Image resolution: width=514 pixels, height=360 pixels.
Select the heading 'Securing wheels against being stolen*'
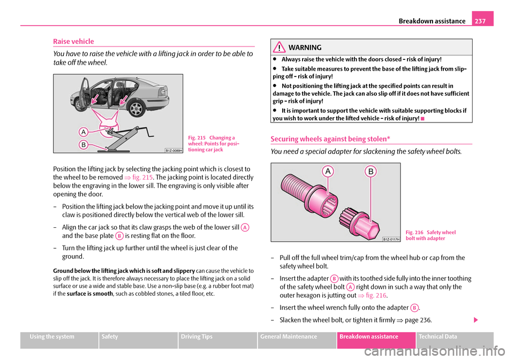tap(330, 139)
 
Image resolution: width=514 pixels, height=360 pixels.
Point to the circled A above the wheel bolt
tap(327, 171)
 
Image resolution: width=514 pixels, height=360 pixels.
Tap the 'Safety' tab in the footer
tap(113, 336)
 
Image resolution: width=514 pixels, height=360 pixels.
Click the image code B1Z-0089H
tap(173, 150)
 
